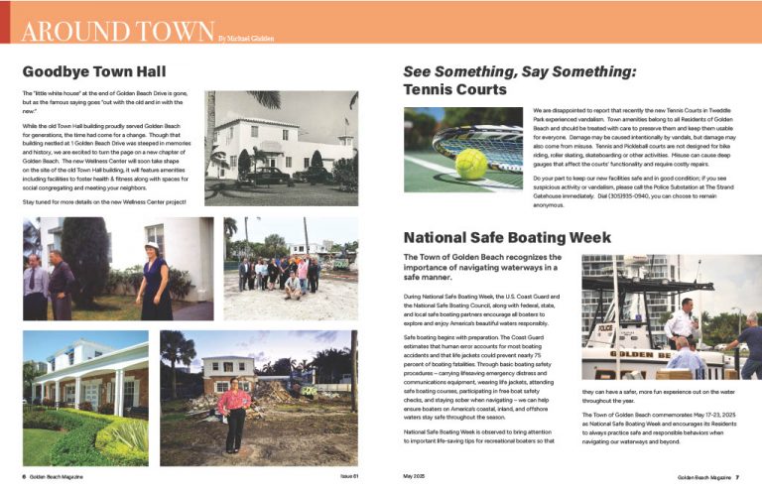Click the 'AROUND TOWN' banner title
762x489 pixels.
tap(118, 30)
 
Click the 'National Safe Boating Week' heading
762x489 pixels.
tap(506, 238)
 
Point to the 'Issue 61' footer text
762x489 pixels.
tap(345, 477)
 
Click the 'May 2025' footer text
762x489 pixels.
tap(414, 477)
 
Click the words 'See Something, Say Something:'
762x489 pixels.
tap(519, 71)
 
